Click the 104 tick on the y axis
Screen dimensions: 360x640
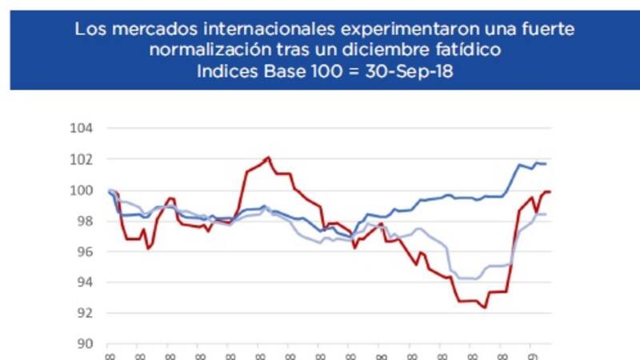tap(83, 128)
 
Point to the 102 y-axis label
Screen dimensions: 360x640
tap(83, 159)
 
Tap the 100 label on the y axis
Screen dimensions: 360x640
tap(83, 190)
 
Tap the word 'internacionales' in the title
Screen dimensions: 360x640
tap(262, 30)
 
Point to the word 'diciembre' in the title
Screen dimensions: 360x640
tap(389, 50)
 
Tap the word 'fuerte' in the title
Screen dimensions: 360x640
tap(543, 30)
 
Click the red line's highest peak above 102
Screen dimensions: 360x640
tap(268, 157)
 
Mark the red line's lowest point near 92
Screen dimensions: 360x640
tap(485, 307)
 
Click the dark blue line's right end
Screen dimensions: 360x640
tap(546, 164)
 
